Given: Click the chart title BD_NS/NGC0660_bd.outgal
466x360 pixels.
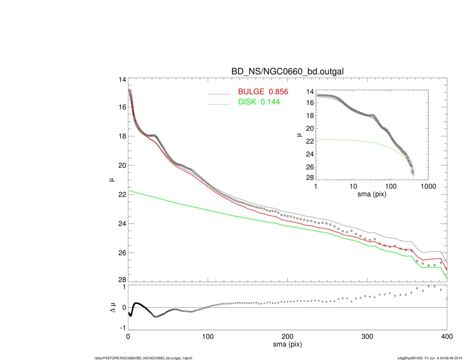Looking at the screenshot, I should (x=287, y=72).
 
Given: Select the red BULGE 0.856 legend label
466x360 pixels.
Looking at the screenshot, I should (x=263, y=92).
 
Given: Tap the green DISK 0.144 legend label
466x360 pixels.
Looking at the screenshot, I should (x=259, y=102).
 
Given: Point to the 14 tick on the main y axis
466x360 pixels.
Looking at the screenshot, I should (x=122, y=80).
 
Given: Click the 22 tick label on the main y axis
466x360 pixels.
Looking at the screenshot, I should (x=122, y=194).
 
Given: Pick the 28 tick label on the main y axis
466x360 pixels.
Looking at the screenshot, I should (x=122, y=280).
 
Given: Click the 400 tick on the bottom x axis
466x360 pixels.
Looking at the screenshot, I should (x=447, y=336).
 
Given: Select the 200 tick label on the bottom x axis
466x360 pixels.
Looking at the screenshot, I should (x=288, y=336).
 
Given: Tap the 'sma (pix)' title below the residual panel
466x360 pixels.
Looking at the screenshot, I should (x=288, y=345).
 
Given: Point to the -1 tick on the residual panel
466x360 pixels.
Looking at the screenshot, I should (x=123, y=327).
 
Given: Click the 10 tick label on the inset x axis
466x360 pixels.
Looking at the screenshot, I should (x=353, y=186).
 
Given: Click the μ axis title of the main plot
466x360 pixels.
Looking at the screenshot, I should (x=112, y=180).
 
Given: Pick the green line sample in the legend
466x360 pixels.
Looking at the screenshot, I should (x=219, y=103).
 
